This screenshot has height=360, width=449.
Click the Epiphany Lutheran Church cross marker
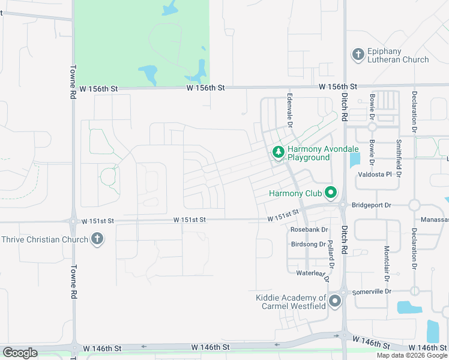[x=358, y=55]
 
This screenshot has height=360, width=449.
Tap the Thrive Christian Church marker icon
[x=97, y=239]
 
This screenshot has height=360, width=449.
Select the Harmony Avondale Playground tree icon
[x=278, y=152]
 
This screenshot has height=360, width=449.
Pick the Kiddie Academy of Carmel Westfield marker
[x=335, y=301]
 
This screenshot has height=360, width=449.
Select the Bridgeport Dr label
[x=372, y=205]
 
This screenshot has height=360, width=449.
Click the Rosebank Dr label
[x=309, y=229]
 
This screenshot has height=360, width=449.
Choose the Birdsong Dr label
[x=308, y=244]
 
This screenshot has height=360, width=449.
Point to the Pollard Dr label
[x=330, y=254]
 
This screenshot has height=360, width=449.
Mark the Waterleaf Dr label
[x=314, y=273]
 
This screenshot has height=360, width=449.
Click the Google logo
[x=20, y=353]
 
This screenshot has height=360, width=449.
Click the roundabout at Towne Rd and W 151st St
[x=73, y=221]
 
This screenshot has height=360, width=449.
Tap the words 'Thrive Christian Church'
[x=44, y=239]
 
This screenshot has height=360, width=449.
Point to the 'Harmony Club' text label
[x=295, y=193]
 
